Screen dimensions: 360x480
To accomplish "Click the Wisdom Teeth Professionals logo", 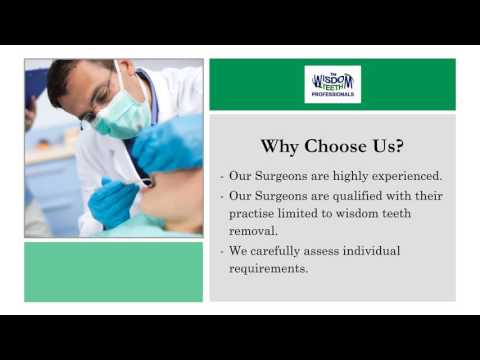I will point(332,84).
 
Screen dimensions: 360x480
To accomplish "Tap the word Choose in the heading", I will point(336,146).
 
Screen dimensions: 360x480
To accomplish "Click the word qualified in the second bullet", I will point(354,195).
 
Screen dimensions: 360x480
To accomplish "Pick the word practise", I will point(251,213).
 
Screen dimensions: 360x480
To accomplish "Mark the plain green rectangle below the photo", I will point(113,272).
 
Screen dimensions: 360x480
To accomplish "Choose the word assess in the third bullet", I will point(331,250).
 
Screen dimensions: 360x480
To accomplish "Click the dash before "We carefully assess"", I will point(221,250).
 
